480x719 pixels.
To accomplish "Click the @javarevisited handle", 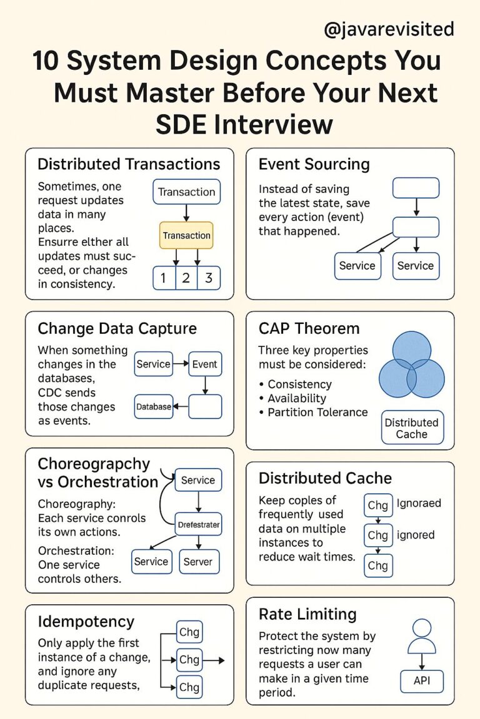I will click(389, 29).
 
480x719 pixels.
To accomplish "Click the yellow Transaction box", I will click(186, 235).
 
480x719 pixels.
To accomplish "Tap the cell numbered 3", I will click(209, 278).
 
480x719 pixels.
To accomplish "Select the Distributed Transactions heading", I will click(129, 164).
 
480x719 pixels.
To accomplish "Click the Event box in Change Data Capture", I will click(205, 364).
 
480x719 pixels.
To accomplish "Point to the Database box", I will click(153, 406).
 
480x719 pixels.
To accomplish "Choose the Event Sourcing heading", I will click(314, 164).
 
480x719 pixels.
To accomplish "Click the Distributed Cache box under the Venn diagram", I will click(411, 428).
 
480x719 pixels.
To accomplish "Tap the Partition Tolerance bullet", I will click(317, 412).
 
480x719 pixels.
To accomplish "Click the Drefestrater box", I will click(197, 524).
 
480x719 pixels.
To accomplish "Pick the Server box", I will click(198, 562).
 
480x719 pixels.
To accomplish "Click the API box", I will click(422, 680).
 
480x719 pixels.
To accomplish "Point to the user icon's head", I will click(422, 627).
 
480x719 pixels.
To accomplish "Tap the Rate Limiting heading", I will click(307, 614).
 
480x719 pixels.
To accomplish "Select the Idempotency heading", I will click(86, 622).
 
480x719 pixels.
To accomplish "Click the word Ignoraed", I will click(419, 503).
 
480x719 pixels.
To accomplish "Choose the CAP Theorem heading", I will click(309, 328).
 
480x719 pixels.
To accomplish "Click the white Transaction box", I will click(186, 192).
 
